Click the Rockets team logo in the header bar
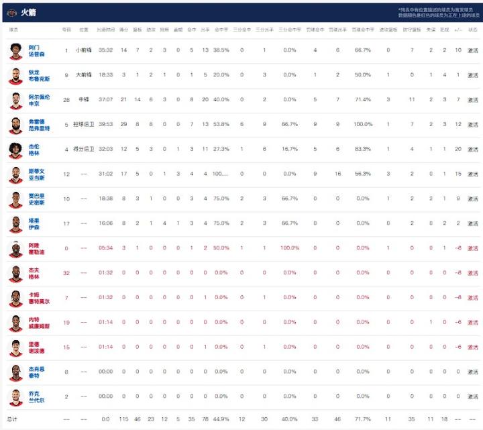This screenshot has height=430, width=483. click(x=11, y=12)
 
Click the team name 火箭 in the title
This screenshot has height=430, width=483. click(x=28, y=12)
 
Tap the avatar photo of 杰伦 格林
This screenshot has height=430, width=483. click(x=16, y=150)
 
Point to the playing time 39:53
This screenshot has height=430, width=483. click(x=105, y=125)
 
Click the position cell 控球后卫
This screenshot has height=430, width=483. click(x=84, y=125)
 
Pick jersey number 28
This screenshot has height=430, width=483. click(x=66, y=100)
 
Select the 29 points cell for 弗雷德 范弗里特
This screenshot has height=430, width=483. click(x=124, y=125)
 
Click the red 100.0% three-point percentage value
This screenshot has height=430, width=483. click(x=289, y=248)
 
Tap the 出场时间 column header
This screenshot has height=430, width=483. click(x=105, y=30)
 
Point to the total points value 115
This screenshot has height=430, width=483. click(x=124, y=419)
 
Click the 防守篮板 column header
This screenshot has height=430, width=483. click(x=412, y=30)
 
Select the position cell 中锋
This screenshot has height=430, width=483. click(x=84, y=100)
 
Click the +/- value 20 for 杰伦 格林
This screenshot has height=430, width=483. click(x=458, y=150)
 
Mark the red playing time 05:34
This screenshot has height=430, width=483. click(x=105, y=248)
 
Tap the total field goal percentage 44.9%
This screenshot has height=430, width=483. click(x=221, y=419)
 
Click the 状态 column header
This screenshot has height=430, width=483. click(x=473, y=30)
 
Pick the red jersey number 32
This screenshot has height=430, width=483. click(x=66, y=273)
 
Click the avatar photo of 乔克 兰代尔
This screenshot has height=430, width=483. click(x=16, y=396)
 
